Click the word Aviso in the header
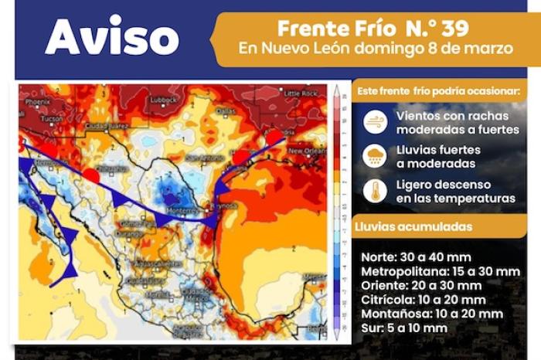click(111, 36)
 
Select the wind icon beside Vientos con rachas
click(375, 121)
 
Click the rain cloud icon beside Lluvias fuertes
click(375, 155)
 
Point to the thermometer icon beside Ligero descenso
click(375, 191)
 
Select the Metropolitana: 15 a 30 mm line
click(440, 272)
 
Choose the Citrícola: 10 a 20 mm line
click(423, 300)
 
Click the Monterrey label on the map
click(183, 209)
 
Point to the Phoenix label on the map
click(36, 101)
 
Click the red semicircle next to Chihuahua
click(91, 176)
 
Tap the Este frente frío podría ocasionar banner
click(437, 91)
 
